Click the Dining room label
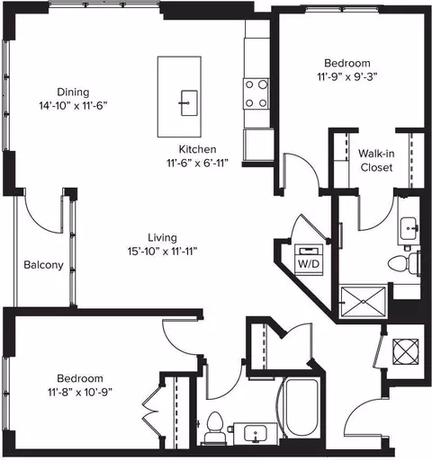click(73, 92)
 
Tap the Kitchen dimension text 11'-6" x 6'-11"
click(197, 164)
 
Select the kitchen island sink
click(189, 103)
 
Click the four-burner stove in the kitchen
click(256, 94)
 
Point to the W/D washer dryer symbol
click(309, 260)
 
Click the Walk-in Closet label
click(376, 161)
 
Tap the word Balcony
click(43, 265)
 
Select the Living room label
click(162, 237)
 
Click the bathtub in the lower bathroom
click(301, 408)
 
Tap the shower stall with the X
click(363, 302)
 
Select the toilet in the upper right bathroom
click(404, 263)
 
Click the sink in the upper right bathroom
click(409, 229)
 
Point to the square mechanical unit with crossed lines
click(406, 351)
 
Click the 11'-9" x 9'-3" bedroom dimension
click(347, 77)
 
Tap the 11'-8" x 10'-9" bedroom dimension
click(80, 392)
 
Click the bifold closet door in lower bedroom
click(151, 411)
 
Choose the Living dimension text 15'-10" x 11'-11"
click(162, 252)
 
